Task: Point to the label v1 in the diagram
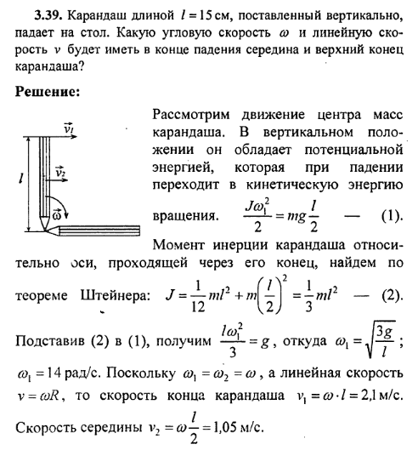[70, 130]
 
